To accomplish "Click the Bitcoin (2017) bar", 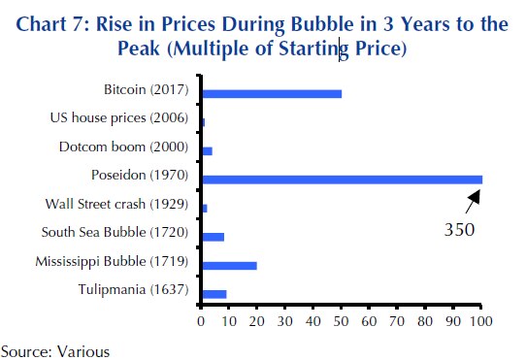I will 271,94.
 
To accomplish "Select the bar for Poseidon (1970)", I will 341,180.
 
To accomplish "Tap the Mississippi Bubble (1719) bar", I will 228,264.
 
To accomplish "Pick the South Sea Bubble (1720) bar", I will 213,236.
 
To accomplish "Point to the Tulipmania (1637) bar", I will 214,292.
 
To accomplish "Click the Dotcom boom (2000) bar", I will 206,151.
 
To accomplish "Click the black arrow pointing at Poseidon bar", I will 472,203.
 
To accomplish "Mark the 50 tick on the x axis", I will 341,318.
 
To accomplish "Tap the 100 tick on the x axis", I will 481,318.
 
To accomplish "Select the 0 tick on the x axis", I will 201,318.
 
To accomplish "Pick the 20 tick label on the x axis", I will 256,318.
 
